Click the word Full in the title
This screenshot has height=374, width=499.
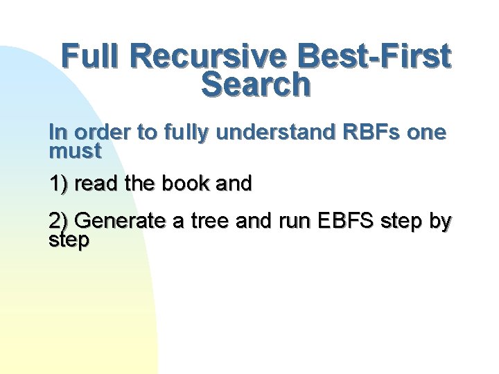89,57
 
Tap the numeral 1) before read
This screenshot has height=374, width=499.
59,184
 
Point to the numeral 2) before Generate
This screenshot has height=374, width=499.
59,222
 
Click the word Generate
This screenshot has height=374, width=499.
119,222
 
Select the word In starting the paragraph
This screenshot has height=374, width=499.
56,132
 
